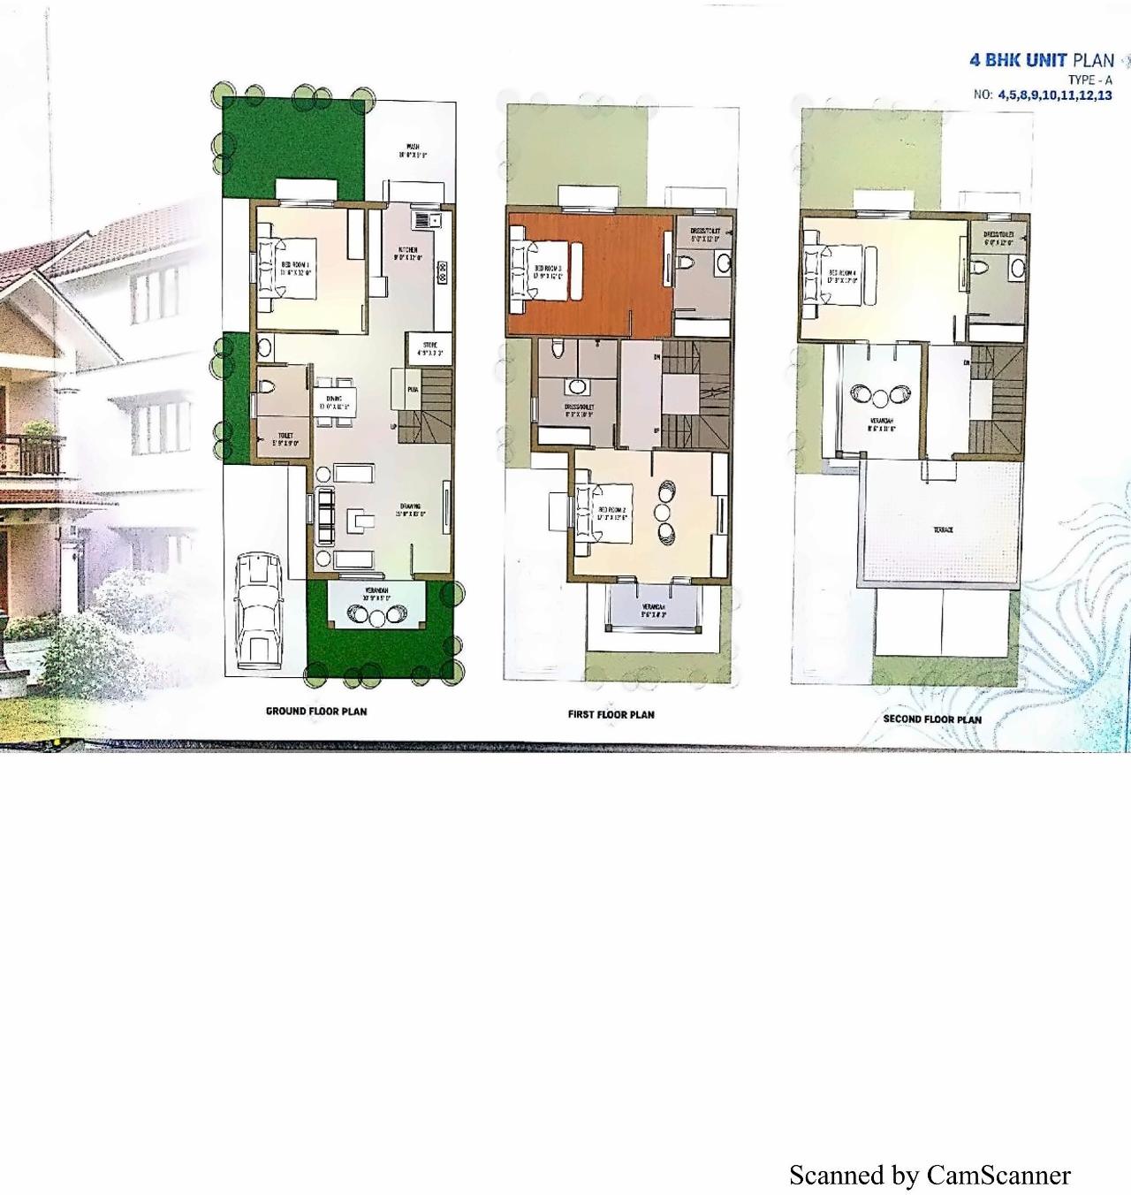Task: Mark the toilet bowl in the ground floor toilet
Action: coord(265,384)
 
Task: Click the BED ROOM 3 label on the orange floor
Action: coord(549,271)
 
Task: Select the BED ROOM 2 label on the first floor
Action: coord(611,514)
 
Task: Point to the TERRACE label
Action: coord(942,530)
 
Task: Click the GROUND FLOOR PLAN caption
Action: coord(316,711)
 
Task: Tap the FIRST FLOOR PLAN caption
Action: coord(611,714)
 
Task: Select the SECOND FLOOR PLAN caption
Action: coord(932,719)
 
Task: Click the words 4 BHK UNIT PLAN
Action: coord(1042,60)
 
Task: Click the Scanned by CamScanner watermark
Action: coord(930,1175)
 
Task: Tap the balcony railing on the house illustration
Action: coord(34,456)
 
